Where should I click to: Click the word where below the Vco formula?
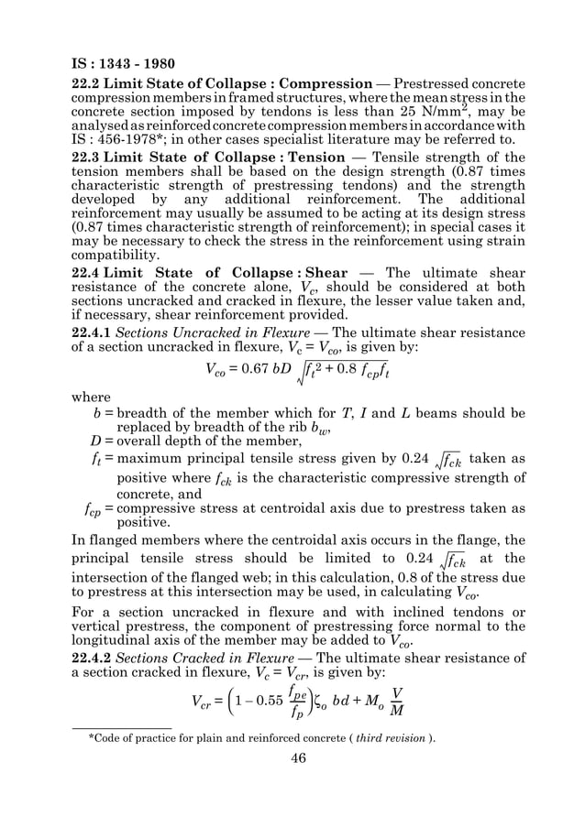tap(92, 398)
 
